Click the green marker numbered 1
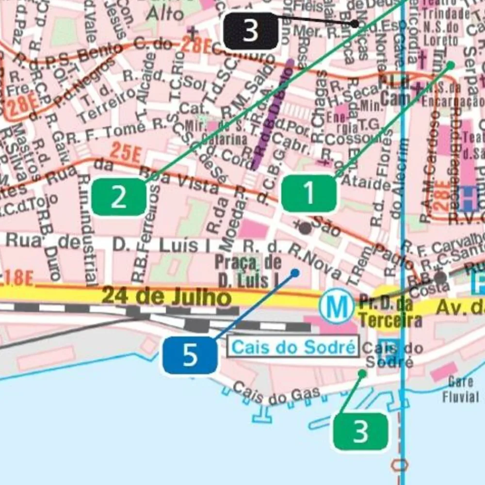click(309, 194)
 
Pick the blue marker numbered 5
click(190, 356)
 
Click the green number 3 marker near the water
click(360, 431)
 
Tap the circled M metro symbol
click(337, 306)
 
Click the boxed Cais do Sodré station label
click(293, 347)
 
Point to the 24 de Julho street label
click(166, 296)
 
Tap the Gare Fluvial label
click(460, 389)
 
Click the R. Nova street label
click(315, 262)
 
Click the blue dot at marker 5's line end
click(294, 273)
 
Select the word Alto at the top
click(165, 13)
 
